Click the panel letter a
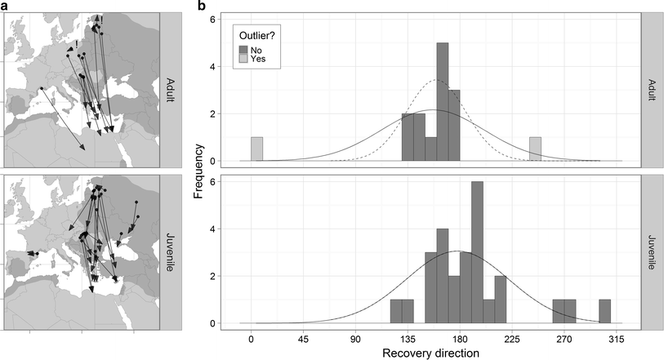point(5,6)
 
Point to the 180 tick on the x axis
point(459,339)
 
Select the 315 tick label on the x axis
point(616,339)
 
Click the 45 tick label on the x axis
point(303,339)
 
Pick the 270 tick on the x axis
point(564,339)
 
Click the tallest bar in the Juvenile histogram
point(477,253)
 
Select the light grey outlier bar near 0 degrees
point(256,149)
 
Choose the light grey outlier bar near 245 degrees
point(536,149)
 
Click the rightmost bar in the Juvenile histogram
point(604,312)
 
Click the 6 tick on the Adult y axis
point(213,19)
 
